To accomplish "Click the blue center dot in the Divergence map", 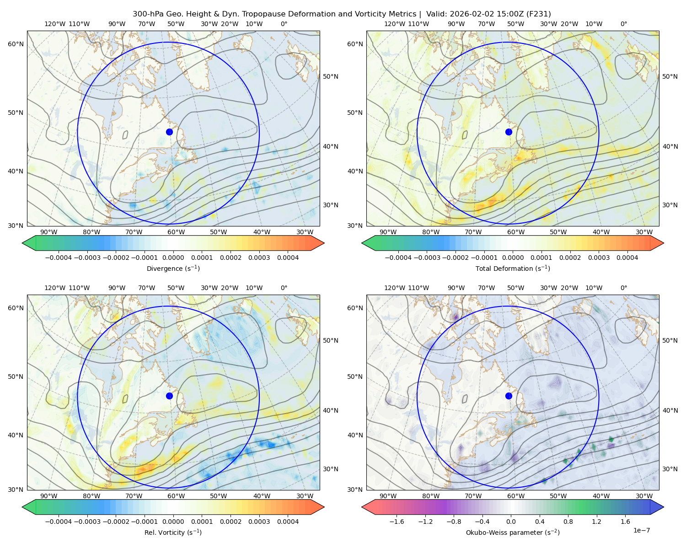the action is click(169, 132).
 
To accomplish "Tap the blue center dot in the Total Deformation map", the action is click(509, 132).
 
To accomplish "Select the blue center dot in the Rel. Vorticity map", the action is click(169, 396).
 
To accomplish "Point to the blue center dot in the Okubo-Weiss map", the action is click(509, 396).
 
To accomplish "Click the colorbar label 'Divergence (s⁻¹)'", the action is click(173, 269).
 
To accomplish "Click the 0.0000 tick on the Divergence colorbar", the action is click(173, 258).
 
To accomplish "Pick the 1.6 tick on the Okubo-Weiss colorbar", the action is click(626, 522).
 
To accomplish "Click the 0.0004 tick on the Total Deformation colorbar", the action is click(627, 258).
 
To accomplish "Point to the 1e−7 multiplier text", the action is click(641, 531).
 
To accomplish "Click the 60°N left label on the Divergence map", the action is click(16, 44).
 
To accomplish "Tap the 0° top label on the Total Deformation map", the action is click(624, 24).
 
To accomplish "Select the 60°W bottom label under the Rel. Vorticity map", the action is click(176, 496).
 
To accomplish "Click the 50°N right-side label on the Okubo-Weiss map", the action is click(670, 340).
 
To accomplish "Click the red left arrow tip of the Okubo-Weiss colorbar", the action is click(362, 507).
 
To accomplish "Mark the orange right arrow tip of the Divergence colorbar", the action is click(324, 243).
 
